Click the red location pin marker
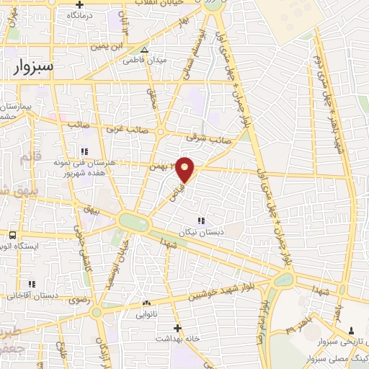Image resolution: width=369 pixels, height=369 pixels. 186,169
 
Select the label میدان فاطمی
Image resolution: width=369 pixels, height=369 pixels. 168,60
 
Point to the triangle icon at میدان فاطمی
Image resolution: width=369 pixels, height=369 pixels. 145,50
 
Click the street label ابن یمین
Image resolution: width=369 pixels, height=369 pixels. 105,48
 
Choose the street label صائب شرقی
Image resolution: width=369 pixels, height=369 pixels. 200,136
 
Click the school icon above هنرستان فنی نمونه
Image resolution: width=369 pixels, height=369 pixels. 84,151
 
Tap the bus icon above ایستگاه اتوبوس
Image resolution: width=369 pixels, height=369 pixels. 12,235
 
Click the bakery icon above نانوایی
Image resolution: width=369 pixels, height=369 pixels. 147,303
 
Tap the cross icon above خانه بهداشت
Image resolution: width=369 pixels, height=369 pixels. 177,327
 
